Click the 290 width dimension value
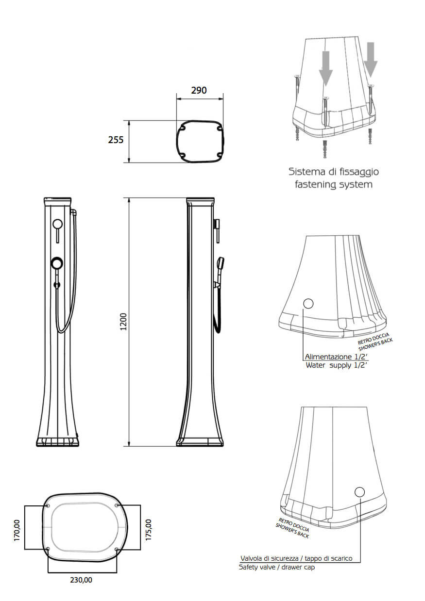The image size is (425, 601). click(199, 90)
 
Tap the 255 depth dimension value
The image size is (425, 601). click(116, 140)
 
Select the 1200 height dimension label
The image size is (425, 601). click(123, 322)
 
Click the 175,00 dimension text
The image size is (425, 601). click(148, 529)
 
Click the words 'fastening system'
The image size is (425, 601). click(333, 185)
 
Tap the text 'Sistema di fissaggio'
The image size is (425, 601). click(334, 172)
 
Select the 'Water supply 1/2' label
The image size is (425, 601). click(336, 365)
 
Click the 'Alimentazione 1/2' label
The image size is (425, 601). click(336, 357)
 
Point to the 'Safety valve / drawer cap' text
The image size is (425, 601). click(277, 567)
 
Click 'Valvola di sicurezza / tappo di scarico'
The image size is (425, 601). click(296, 558)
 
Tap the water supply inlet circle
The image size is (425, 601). click(308, 304)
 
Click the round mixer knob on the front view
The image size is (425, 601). click(57, 263)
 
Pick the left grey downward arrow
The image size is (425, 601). click(325, 69)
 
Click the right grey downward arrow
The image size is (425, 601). click(371, 60)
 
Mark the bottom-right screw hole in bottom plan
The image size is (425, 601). click(117, 550)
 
